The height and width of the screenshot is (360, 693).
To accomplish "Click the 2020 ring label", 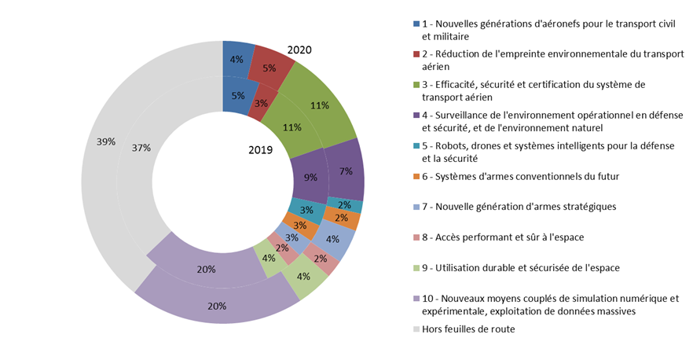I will tap(299, 50).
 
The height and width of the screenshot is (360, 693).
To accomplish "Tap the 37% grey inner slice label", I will tap(141, 147).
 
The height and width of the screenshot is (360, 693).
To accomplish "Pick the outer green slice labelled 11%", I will tap(319, 105).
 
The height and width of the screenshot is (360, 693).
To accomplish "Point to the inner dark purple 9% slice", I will tap(310, 178).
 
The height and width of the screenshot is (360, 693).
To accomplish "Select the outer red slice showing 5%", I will tap(269, 68).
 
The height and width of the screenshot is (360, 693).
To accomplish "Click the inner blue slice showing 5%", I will tap(236, 96).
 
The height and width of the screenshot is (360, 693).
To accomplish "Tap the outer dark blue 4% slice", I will tap(236, 58).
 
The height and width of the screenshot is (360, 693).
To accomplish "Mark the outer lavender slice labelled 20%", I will tap(218, 305).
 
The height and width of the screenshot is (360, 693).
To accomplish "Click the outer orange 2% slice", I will tap(341, 218).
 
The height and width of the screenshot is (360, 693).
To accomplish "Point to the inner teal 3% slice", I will tap(306, 209).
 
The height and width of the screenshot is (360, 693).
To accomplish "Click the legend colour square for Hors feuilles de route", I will tap(416, 329).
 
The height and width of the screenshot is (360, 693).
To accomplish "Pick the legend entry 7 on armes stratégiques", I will tap(515, 206).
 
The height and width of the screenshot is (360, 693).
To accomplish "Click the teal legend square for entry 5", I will tap(416, 145).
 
